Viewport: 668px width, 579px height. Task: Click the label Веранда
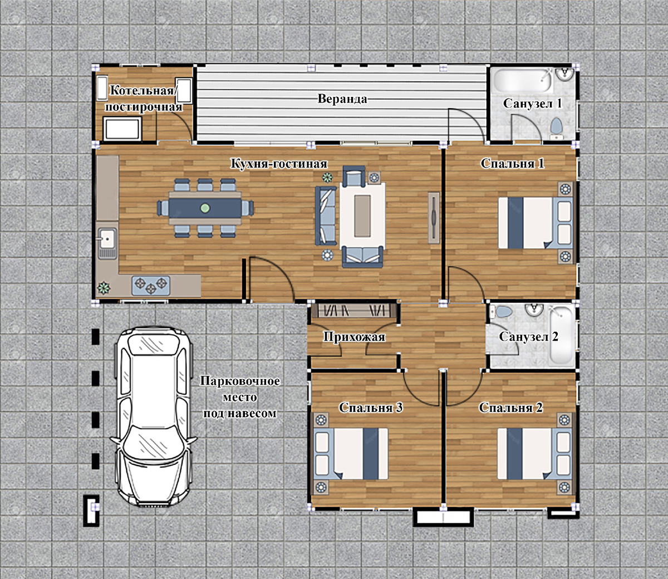pos(342,99)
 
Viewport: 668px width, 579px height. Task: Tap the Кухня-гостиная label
pos(278,164)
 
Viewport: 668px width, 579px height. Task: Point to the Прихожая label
pos(354,337)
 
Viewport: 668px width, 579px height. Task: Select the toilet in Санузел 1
pos(557,129)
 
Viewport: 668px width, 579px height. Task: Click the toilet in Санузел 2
pos(501,312)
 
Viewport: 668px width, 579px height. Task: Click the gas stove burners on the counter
pos(151,286)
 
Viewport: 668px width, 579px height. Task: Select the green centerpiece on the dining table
pos(205,208)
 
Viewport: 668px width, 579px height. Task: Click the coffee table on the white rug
pos(362,215)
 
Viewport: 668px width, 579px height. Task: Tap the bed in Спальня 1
pos(535,223)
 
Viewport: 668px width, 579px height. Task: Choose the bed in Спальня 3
pos(351,454)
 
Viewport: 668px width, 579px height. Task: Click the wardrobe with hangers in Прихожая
pos(354,311)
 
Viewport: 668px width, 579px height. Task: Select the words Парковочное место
pos(240,389)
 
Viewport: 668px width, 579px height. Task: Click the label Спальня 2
pos(510,408)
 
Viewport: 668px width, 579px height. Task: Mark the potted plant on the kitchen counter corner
pos(104,287)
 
